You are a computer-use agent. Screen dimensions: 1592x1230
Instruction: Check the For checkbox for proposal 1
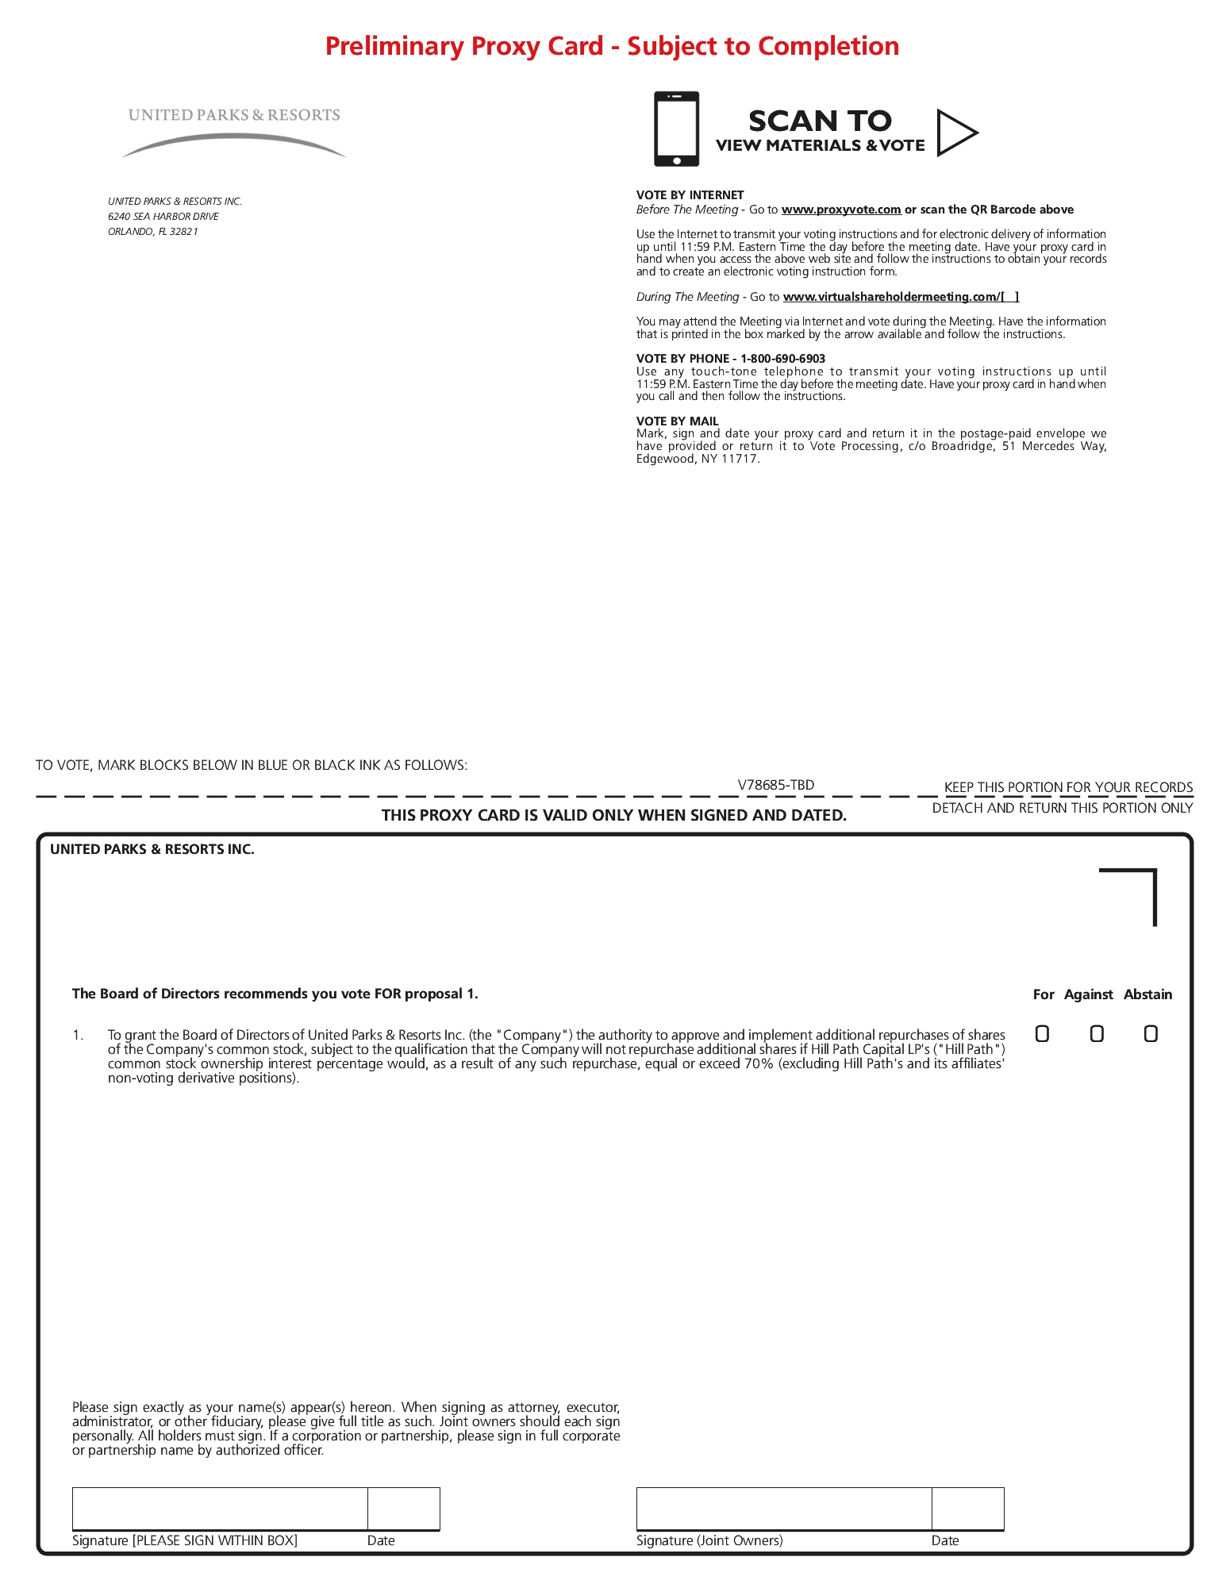pyautogui.click(x=1042, y=1033)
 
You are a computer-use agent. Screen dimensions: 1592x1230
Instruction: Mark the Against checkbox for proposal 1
pyautogui.click(x=1097, y=1033)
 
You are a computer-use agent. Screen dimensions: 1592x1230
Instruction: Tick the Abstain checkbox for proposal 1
pyautogui.click(x=1151, y=1033)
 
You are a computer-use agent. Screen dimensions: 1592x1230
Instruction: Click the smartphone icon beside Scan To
pyautogui.click(x=676, y=129)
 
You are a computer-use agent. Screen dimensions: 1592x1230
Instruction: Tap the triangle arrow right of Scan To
pyautogui.click(x=955, y=133)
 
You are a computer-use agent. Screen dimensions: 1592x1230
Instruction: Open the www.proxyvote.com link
pyautogui.click(x=840, y=210)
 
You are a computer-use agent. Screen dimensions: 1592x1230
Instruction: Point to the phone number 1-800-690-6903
pyautogui.click(x=782, y=359)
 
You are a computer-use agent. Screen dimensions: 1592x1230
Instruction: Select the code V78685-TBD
pyautogui.click(x=775, y=785)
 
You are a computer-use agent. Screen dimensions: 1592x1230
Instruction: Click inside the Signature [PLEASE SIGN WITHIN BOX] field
pyautogui.click(x=220, y=1508)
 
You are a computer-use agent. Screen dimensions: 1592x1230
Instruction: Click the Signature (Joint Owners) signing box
pyautogui.click(x=783, y=1508)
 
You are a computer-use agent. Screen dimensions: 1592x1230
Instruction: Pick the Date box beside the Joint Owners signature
pyautogui.click(x=967, y=1508)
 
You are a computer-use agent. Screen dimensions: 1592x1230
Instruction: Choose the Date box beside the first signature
pyautogui.click(x=403, y=1508)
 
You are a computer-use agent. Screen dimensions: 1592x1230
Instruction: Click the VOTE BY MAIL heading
pyautogui.click(x=677, y=421)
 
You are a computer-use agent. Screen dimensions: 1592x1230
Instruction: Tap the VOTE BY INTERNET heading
pyautogui.click(x=690, y=195)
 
